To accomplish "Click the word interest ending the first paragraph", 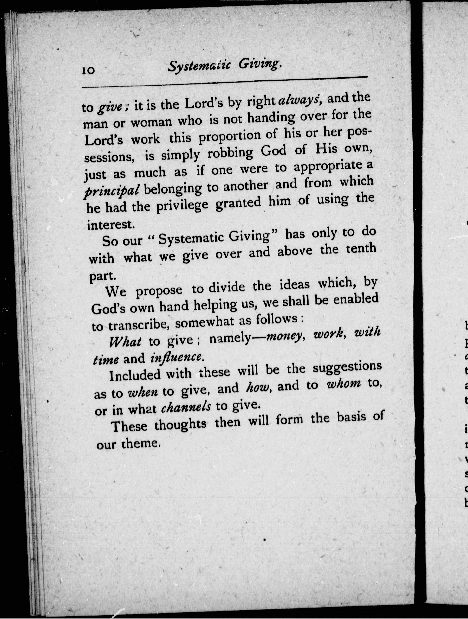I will [109, 224].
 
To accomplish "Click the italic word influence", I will [176, 356].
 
